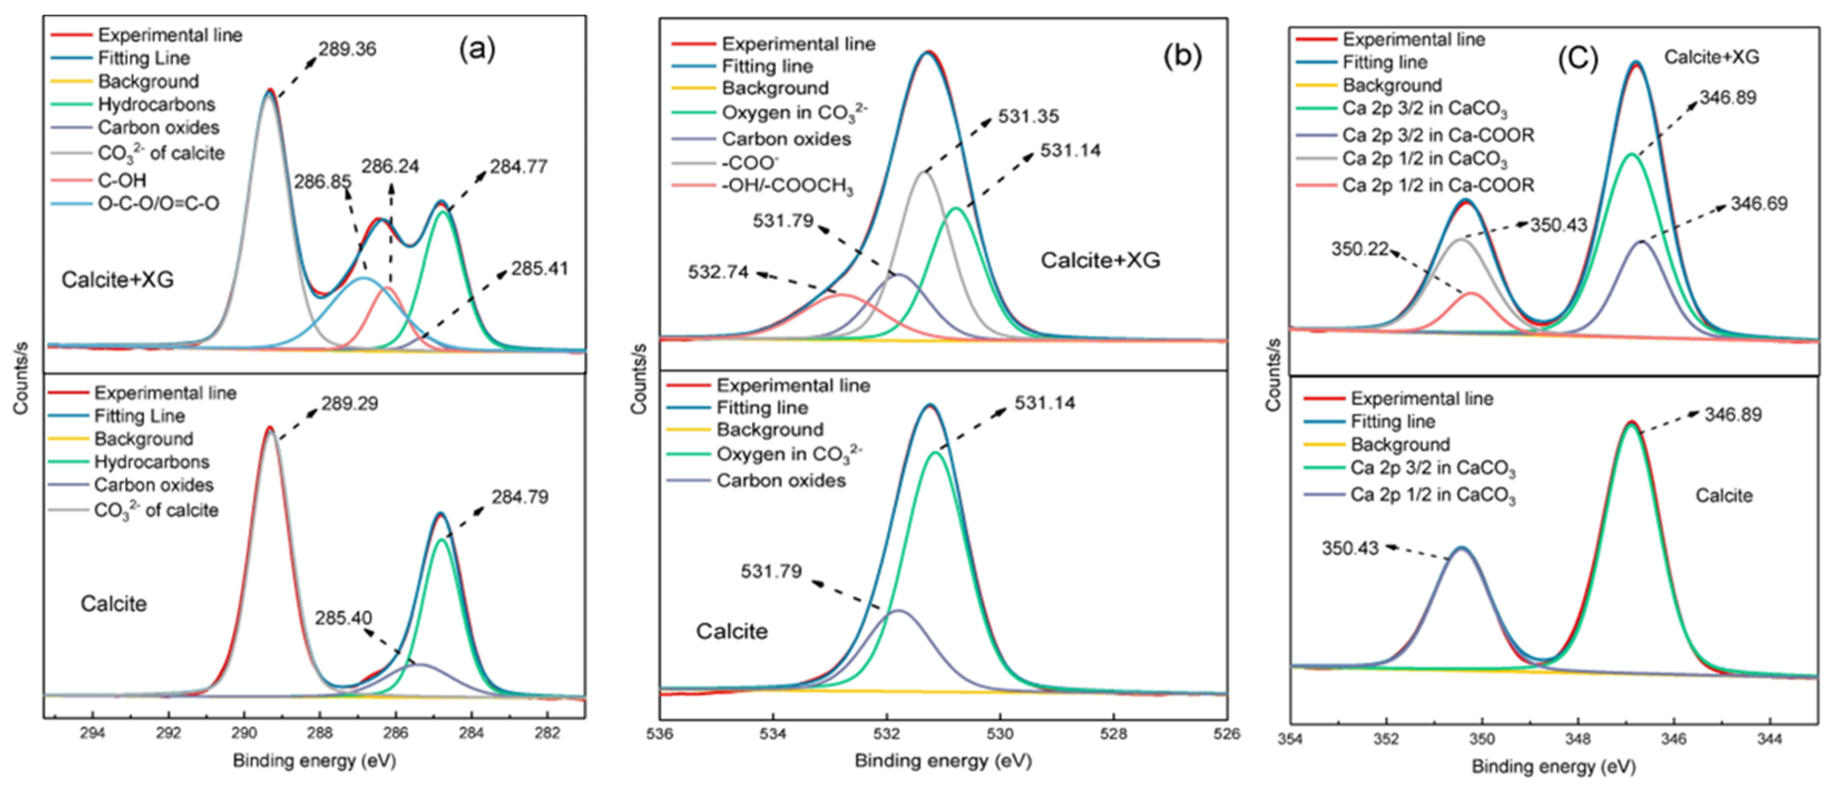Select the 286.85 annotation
coord(322,182)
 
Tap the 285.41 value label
coord(540,269)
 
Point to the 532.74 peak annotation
coord(718,272)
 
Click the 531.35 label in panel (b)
coord(1028,116)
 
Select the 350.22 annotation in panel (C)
coord(1360,250)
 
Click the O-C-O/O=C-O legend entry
coord(158,204)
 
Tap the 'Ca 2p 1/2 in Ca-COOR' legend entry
coord(1438,185)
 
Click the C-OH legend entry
coord(122,180)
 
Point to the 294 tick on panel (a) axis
coord(93,734)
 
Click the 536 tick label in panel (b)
coord(659,734)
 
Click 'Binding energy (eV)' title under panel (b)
coord(943,761)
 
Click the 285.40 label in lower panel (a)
coord(343,618)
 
